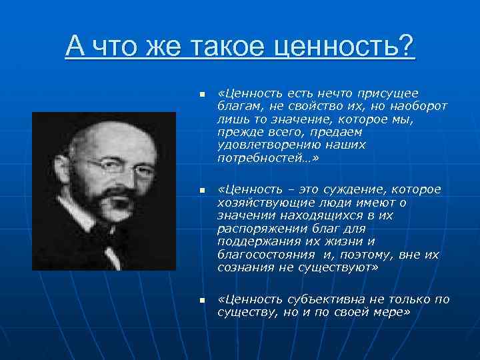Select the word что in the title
(x=123, y=47)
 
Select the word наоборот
(x=419, y=105)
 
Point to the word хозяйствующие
(x=255, y=202)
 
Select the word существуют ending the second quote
(x=340, y=267)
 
